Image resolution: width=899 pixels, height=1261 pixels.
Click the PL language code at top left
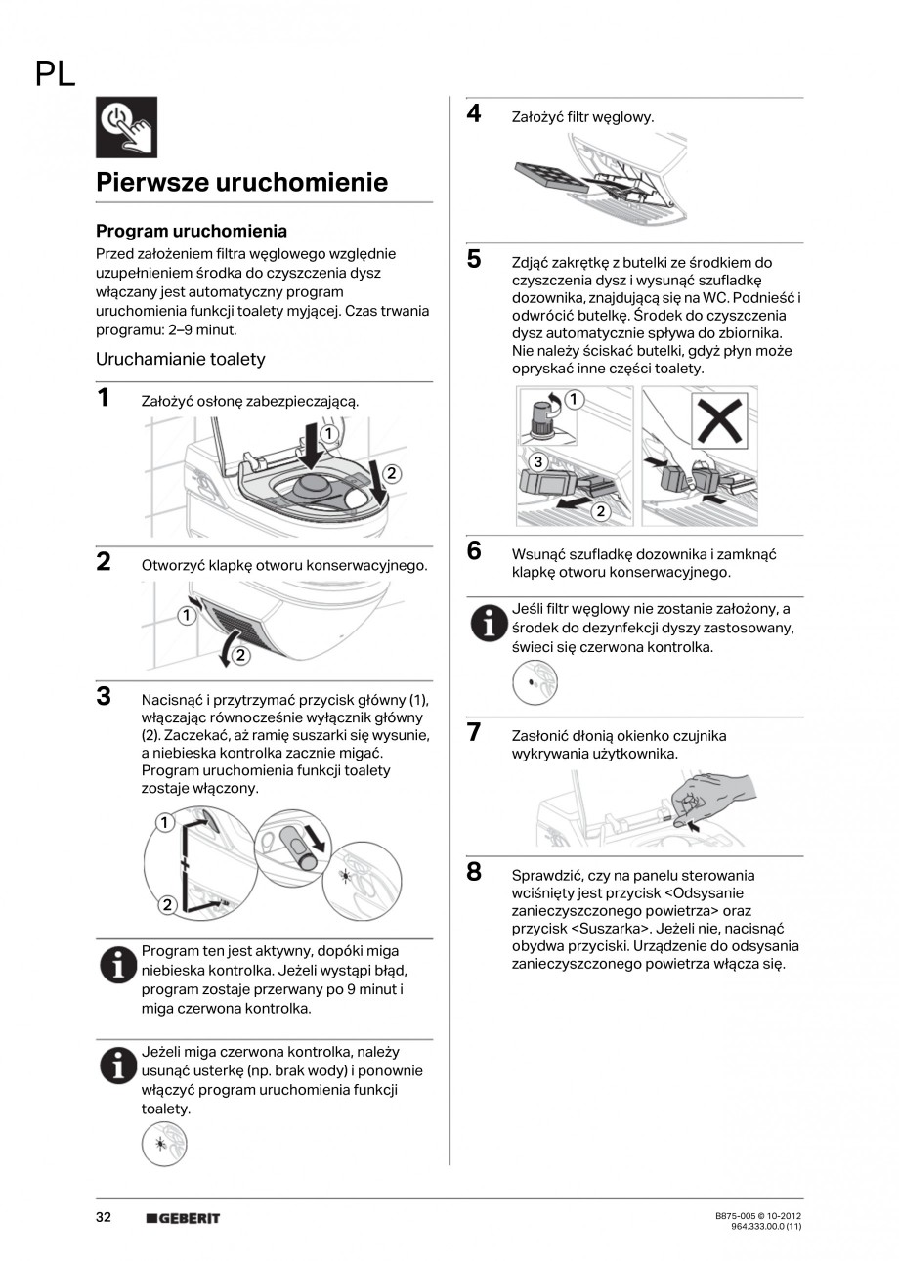(x=55, y=73)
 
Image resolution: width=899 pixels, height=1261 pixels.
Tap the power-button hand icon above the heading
(x=126, y=128)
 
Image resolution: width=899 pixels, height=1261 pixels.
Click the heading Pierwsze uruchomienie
(x=241, y=182)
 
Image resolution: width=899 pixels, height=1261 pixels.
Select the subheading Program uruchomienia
(x=191, y=231)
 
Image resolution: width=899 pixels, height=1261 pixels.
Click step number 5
(x=474, y=259)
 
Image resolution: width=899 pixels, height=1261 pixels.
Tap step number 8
(x=474, y=872)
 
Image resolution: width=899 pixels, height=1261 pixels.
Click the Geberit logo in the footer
(x=183, y=1218)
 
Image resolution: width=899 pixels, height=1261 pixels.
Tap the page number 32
(x=104, y=1217)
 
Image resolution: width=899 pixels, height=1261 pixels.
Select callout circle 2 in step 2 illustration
(x=237, y=654)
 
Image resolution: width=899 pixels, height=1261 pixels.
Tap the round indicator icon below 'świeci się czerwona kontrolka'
(x=535, y=682)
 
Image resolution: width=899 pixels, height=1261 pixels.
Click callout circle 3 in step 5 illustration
(x=536, y=460)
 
